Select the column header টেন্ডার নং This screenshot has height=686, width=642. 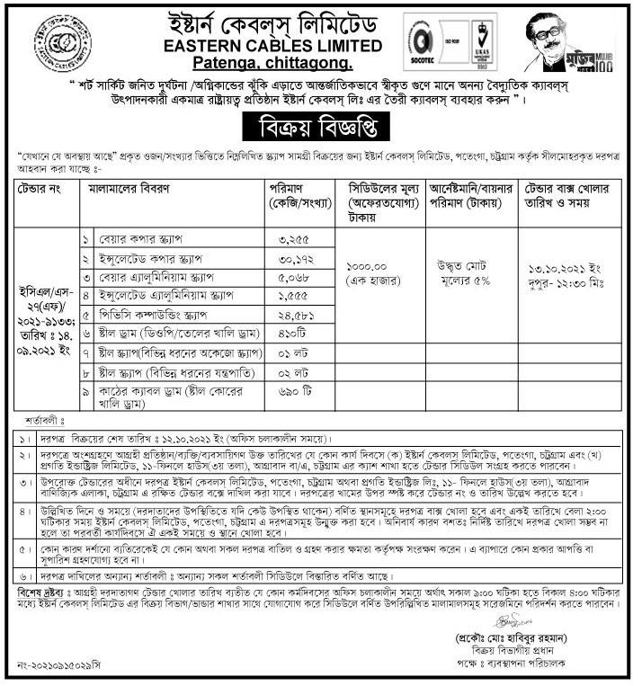[x=42, y=191]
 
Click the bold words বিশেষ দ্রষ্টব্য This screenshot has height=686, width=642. [x=40, y=595]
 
